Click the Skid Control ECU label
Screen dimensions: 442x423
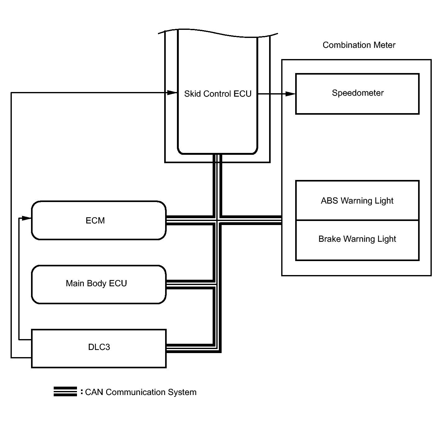(x=218, y=94)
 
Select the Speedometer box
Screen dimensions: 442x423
(x=357, y=94)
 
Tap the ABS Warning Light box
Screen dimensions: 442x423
(x=357, y=200)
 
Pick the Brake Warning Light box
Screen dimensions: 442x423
(x=357, y=240)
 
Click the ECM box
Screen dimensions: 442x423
(x=99, y=220)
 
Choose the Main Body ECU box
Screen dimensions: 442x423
(x=99, y=284)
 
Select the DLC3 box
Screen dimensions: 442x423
(x=99, y=348)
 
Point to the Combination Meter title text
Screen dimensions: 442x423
(x=359, y=45)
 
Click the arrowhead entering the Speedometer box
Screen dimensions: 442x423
(x=290, y=94)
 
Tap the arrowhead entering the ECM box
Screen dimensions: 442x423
(x=27, y=218)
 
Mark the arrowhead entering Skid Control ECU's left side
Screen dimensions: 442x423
(x=172, y=93)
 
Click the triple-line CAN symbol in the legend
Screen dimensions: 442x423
(x=65, y=391)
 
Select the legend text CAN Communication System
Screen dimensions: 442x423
(x=141, y=392)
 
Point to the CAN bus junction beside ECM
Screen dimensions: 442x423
(x=217, y=220)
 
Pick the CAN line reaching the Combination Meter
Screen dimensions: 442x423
(x=251, y=220)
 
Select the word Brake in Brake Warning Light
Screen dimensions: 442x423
(x=330, y=239)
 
